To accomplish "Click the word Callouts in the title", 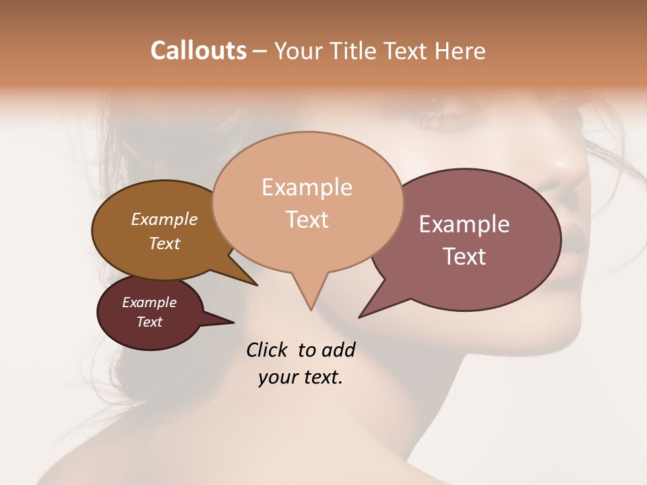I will (x=198, y=51).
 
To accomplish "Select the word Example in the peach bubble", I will (x=307, y=187).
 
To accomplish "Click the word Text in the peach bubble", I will (x=307, y=219).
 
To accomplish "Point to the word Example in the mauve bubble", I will (x=464, y=224).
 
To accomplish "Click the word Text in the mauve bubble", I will (x=464, y=257).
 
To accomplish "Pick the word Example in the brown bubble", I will (x=164, y=219).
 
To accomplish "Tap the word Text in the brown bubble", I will (x=164, y=243).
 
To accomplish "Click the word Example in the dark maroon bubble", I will (x=149, y=302).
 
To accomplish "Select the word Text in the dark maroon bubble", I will (x=149, y=322).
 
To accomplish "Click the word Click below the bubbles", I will (x=268, y=350).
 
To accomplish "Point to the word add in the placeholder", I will (x=338, y=350).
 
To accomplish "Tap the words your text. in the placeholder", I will (x=301, y=377).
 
